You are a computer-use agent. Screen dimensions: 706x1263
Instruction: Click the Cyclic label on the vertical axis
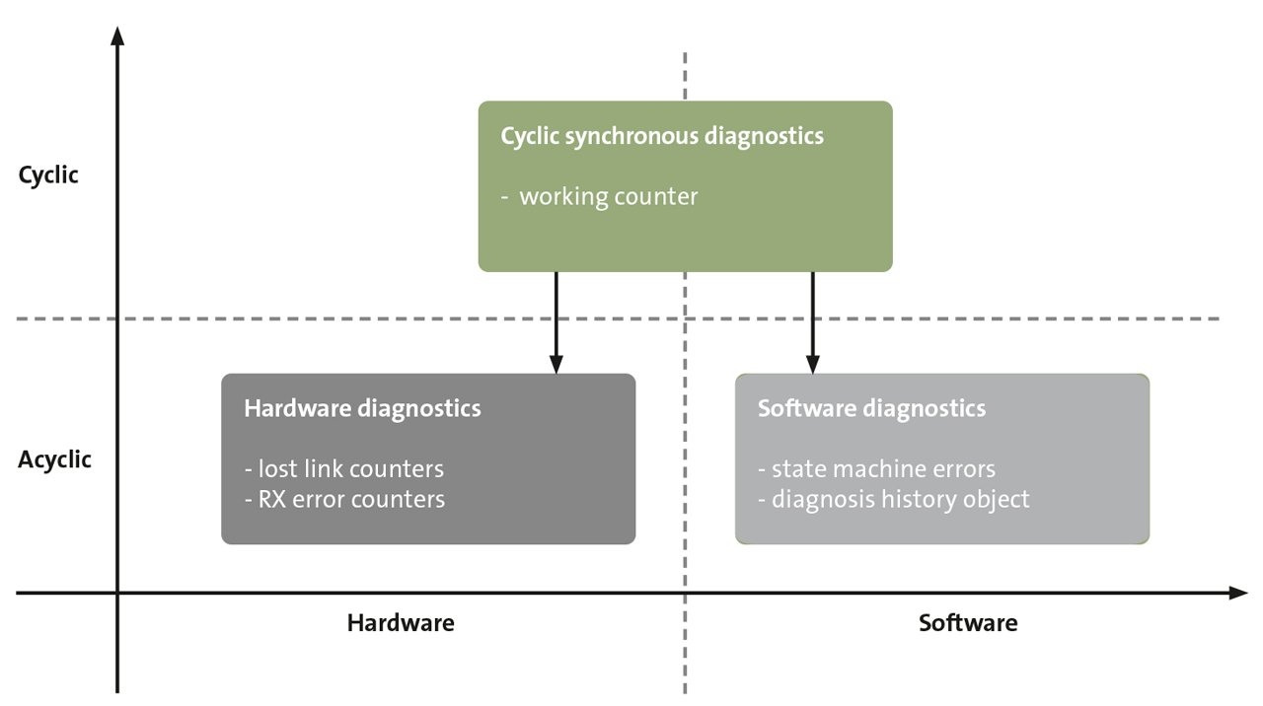pos(47,176)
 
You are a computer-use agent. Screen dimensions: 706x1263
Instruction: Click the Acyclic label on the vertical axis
pos(54,459)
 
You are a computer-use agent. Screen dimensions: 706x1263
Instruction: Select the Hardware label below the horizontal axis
pos(401,623)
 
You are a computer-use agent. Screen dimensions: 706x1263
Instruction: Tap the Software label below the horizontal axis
pos(967,623)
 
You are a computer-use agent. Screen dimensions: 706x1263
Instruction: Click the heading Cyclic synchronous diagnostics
pos(661,136)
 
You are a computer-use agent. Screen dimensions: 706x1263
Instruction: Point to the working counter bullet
pos(607,196)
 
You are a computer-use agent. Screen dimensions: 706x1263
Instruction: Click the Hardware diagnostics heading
pos(362,408)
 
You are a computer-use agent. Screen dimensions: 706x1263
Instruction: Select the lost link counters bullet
pos(344,468)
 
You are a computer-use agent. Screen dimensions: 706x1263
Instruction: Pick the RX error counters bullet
pos(344,499)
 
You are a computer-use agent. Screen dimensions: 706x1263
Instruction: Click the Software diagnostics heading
pos(871,408)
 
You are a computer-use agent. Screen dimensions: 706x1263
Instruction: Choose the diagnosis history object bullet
pos(893,499)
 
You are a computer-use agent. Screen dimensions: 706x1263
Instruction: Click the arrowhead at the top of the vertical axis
pos(117,36)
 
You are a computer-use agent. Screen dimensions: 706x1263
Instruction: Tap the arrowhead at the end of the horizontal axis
pos(1238,593)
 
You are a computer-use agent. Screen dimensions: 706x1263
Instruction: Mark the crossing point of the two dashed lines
pos(685,318)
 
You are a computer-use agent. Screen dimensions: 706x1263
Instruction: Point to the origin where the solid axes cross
pos(117,593)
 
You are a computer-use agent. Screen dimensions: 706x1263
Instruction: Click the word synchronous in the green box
pos(632,136)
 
